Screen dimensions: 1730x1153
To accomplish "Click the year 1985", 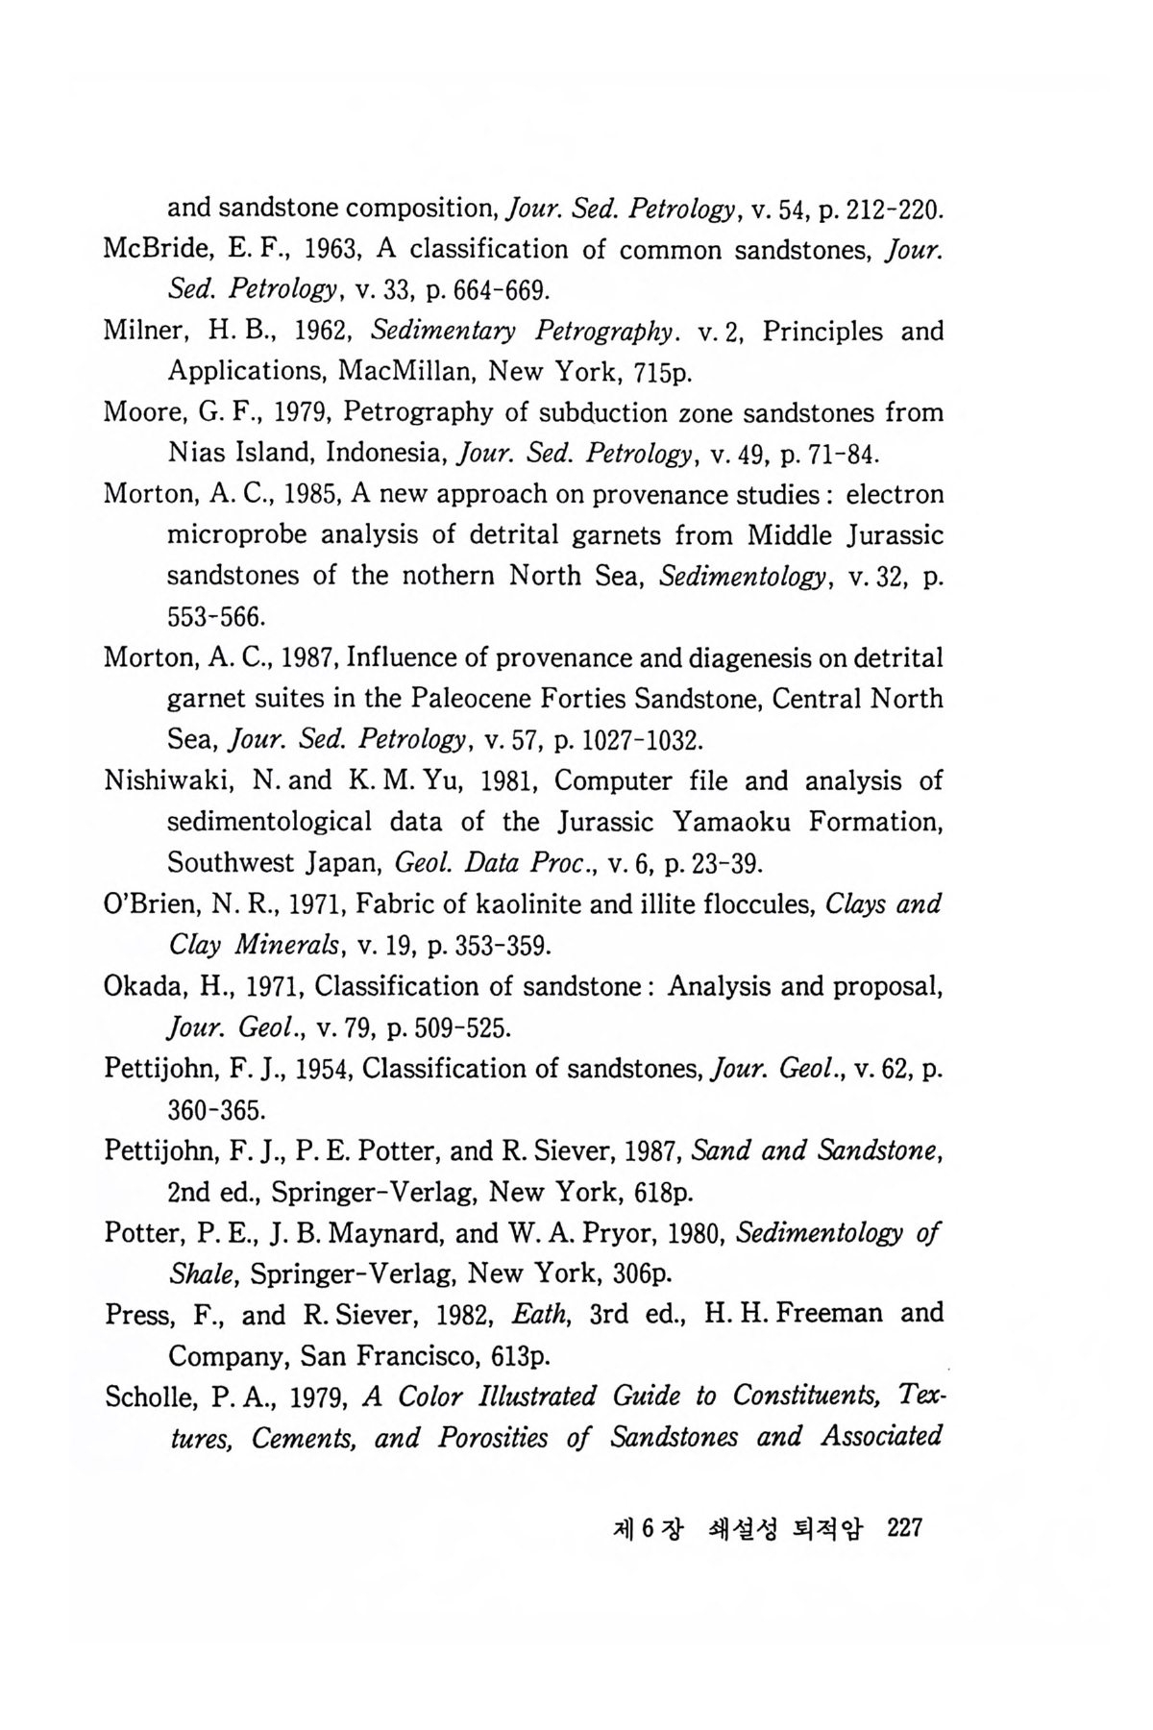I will (299, 494).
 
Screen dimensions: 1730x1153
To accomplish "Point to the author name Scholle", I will (147, 1396).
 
